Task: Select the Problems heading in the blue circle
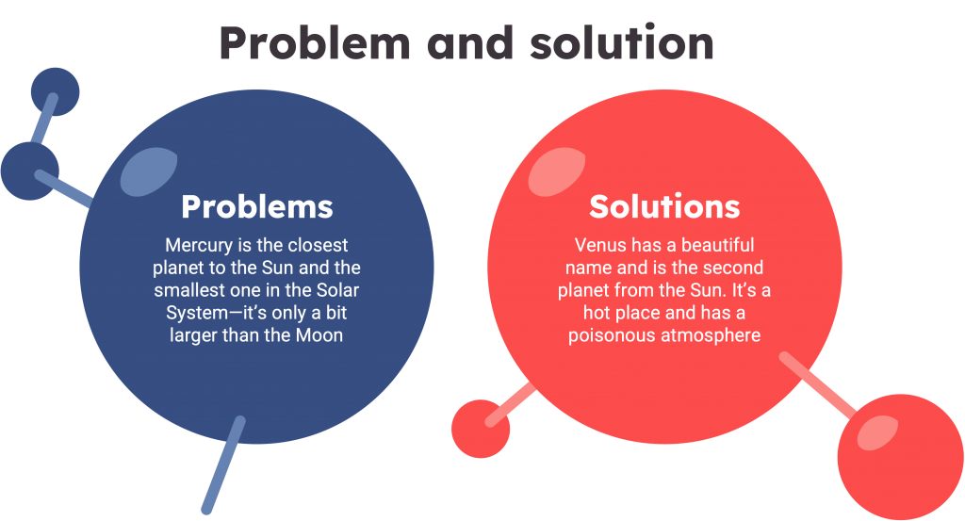[x=256, y=206]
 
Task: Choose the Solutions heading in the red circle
[x=664, y=206]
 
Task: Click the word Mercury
[x=196, y=245]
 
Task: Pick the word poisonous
[x=608, y=335]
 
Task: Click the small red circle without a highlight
[x=481, y=429]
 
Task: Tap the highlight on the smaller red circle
[x=877, y=431]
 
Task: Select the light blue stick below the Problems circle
[x=223, y=465]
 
